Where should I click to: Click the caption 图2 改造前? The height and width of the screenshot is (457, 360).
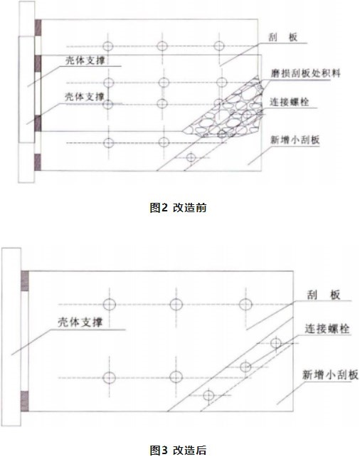point(178,208)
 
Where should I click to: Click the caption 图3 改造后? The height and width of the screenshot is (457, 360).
point(178,450)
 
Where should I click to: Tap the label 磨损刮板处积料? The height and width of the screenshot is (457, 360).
point(305,73)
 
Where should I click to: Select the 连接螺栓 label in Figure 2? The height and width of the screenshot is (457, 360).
point(289,102)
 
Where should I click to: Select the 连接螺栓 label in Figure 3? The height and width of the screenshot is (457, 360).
point(327,329)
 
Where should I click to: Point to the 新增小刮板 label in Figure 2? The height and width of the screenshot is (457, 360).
point(295,140)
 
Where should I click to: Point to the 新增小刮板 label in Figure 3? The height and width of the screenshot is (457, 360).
point(330,374)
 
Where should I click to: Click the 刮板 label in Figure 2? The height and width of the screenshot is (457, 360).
point(283,37)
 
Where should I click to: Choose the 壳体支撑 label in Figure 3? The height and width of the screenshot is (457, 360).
point(80,322)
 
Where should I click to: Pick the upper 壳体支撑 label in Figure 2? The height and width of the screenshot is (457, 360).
point(85,61)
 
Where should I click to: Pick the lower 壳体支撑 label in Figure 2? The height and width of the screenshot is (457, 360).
point(85,97)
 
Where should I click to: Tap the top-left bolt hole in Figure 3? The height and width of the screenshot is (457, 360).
point(110,304)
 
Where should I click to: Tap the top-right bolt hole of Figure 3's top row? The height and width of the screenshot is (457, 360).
point(245,304)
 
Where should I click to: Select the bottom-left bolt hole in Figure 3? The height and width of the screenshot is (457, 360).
point(110,378)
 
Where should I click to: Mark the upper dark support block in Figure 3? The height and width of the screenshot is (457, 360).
point(25,281)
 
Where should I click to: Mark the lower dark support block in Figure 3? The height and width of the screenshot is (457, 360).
point(25,401)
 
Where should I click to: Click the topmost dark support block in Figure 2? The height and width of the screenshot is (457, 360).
point(38,27)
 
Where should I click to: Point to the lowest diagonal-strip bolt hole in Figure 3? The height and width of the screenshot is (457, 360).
point(208,396)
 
